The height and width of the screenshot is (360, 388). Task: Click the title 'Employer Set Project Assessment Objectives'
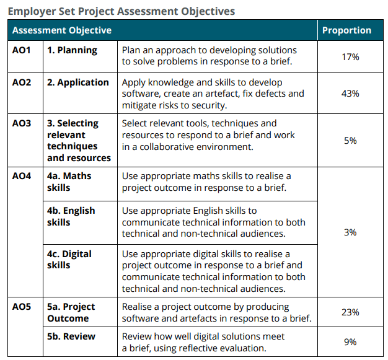[x=121, y=11]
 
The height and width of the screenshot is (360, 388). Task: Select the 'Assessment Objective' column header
[x=62, y=30]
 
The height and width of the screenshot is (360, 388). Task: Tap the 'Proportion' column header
[x=346, y=30]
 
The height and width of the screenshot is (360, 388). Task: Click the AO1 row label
[x=22, y=50]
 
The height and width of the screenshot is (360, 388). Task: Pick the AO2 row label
[x=22, y=82]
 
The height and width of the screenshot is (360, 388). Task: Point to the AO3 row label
[x=22, y=123]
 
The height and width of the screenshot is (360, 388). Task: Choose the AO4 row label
[x=22, y=176]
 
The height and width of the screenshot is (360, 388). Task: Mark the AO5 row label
[x=22, y=307]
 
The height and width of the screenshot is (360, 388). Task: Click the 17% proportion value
[x=350, y=56]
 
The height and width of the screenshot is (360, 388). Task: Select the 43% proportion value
[x=350, y=93]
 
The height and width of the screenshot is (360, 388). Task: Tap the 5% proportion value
[x=350, y=141]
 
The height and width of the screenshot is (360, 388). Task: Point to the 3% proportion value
[x=350, y=232]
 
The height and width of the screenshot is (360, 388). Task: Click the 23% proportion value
[x=350, y=312]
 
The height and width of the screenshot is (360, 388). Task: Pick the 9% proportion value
[x=350, y=341]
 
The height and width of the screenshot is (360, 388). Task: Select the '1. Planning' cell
[x=72, y=50]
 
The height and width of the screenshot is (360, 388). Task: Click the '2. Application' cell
[x=78, y=82]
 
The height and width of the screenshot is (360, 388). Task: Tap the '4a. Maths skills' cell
[x=69, y=182]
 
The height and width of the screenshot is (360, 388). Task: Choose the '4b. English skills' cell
[x=71, y=216]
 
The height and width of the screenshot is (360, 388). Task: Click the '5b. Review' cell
[x=71, y=336]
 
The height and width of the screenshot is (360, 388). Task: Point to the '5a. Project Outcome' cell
[x=71, y=312]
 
